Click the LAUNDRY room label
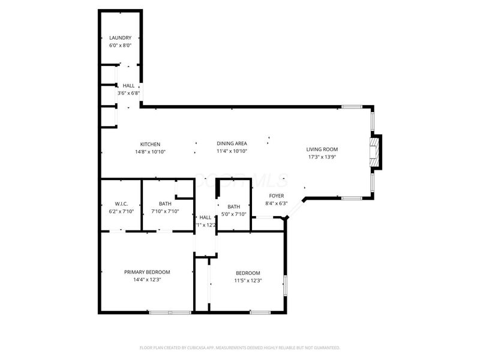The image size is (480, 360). click(x=120, y=38)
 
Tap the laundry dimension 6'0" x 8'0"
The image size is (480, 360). click(x=120, y=45)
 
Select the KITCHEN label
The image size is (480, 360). click(x=150, y=144)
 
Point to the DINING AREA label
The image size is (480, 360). click(x=232, y=143)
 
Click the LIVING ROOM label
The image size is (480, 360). click(x=322, y=149)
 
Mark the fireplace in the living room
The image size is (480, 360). click(x=375, y=152)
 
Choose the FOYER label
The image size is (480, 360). click(x=276, y=196)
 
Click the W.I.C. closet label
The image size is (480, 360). click(x=121, y=203)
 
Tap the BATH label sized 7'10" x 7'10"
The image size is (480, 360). click(x=166, y=203)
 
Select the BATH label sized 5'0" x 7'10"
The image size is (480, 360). click(x=233, y=207)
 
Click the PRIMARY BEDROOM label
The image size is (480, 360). click(x=147, y=272)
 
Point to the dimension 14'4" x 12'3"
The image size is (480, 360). click(x=147, y=280)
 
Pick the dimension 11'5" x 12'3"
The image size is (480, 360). click(x=248, y=280)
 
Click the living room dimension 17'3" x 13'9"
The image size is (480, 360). click(x=322, y=157)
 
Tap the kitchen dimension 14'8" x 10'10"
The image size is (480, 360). click(x=150, y=152)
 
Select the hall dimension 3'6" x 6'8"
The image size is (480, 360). click(x=128, y=93)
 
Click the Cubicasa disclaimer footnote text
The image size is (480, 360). click(x=240, y=347)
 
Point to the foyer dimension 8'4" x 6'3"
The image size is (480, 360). click(x=276, y=203)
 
